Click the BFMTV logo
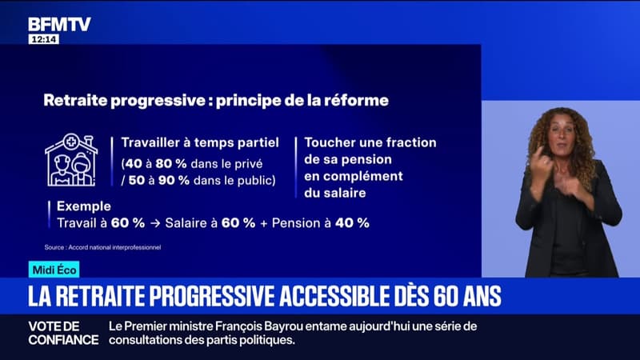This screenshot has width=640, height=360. click(59, 25)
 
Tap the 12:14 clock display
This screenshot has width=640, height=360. click(44, 39)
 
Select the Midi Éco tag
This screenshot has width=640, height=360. click(54, 270)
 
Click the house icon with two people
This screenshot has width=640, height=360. click(71, 160)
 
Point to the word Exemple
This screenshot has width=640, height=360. click(84, 206)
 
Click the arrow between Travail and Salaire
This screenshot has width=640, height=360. click(155, 223)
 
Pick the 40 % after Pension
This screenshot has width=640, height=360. click(352, 223)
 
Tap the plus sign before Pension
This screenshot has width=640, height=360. click(264, 223)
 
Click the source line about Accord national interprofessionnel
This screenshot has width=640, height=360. click(102, 247)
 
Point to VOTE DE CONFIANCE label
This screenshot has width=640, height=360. click(63, 333)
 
